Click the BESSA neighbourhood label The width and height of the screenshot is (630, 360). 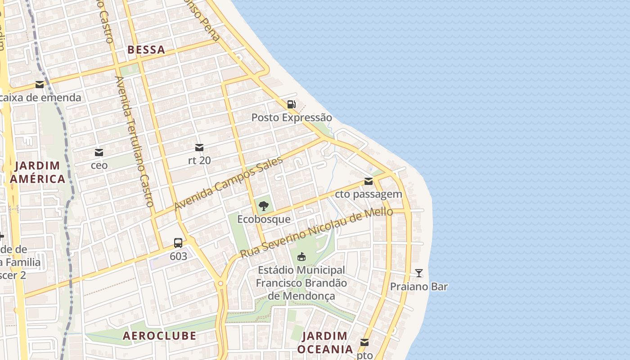point(146,49)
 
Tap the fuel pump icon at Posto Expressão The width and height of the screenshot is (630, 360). point(292,105)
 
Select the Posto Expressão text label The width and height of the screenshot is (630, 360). point(292,118)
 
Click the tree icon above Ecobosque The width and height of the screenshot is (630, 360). point(264,207)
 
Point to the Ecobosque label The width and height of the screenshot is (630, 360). point(264,220)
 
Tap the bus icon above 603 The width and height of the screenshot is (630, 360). point(178,243)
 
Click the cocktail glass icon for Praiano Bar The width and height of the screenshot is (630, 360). point(419,273)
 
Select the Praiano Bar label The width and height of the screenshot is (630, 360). point(419,287)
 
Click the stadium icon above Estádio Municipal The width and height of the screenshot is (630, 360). point(301,257)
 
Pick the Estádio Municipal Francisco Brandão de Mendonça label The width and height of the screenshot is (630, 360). point(301,283)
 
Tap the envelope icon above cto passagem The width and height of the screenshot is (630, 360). point(369,181)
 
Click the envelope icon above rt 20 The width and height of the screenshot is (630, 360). point(199,148)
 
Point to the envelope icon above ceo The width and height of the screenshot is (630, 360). point(99,153)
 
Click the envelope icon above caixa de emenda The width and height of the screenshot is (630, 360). point(40,84)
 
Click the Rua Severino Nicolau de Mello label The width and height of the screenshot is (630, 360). point(316,233)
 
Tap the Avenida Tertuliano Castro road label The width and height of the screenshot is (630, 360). point(135,141)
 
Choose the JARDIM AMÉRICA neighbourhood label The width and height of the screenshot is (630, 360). point(38,172)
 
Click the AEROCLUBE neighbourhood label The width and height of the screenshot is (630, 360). point(159,336)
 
